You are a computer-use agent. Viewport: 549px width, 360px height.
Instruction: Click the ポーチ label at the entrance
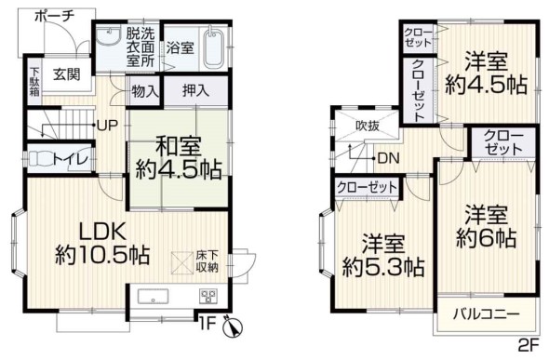point(54,17)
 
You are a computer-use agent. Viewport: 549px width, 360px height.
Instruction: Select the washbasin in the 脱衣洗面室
point(108,36)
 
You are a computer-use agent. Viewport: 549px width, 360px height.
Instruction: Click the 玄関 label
point(66,74)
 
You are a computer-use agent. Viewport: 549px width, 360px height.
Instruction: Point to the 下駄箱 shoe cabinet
point(34,81)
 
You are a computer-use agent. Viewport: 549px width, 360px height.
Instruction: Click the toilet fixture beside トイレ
point(41,159)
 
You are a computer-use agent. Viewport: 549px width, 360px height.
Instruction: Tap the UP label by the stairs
point(108,126)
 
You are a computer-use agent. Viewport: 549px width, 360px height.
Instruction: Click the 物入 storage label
point(145,92)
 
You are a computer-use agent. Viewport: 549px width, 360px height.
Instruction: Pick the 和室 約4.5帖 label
point(179,158)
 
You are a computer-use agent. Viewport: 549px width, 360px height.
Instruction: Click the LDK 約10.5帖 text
point(102,244)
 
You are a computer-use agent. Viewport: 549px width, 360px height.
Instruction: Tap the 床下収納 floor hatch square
point(181,262)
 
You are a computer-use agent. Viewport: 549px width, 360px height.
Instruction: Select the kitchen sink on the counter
point(153,297)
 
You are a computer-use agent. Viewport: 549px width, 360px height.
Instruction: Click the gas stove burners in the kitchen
point(208,297)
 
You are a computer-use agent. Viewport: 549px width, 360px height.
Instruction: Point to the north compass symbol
point(232,327)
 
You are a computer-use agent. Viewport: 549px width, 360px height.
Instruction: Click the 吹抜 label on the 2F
point(368,126)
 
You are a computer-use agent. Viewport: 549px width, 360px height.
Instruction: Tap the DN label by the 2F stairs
point(389,159)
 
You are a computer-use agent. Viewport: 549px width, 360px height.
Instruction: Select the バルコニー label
point(486,314)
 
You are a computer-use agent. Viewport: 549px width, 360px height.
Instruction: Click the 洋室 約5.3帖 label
point(383,257)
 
